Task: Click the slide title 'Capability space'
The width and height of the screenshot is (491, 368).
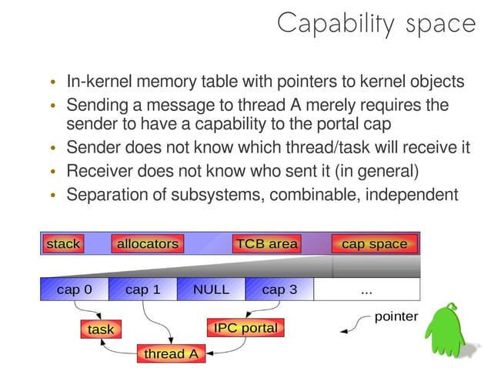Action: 376,23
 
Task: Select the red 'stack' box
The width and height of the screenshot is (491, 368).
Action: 63,244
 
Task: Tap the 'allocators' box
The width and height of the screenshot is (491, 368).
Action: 148,244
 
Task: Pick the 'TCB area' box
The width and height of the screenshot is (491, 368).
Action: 266,244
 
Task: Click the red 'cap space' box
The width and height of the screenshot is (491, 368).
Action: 374,244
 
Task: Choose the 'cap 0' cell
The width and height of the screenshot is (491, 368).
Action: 74,289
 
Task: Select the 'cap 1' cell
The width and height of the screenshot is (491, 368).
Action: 142,289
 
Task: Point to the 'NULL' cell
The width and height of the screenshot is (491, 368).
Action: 211,289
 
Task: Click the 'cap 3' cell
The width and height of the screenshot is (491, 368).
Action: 279,289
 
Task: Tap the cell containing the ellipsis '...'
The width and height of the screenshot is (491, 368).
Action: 366,289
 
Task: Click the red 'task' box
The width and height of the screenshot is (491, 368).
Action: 100,330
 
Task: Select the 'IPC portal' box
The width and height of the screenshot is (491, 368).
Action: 245,328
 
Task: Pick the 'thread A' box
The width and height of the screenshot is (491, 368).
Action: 171,353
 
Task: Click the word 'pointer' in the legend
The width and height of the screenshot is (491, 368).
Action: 396,316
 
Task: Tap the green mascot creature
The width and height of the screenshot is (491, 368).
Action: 449,334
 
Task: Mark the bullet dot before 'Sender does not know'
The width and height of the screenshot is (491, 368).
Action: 52,149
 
